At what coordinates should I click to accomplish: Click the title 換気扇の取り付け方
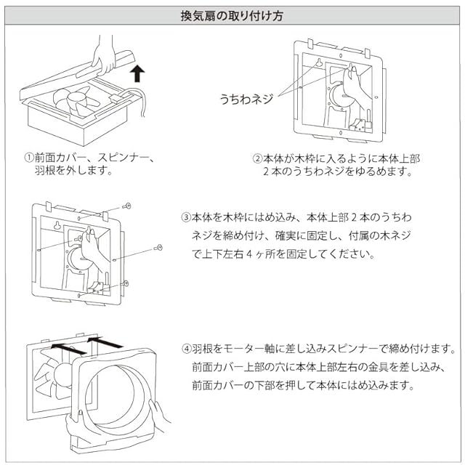point(232,16)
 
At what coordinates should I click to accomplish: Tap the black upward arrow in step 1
point(137,73)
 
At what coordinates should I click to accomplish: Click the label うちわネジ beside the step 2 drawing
point(246,99)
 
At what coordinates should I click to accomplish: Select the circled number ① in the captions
point(29,157)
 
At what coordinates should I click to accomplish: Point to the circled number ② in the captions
point(257,158)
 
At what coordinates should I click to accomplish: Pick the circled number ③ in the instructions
point(186,217)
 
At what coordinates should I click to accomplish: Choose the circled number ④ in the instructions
point(187,349)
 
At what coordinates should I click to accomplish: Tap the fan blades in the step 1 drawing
point(76,101)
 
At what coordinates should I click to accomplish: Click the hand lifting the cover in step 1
point(103,57)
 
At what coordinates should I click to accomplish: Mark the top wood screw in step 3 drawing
point(126,206)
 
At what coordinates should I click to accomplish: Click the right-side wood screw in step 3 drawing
point(158,248)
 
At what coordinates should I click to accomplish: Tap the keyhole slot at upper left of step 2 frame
point(319,63)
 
